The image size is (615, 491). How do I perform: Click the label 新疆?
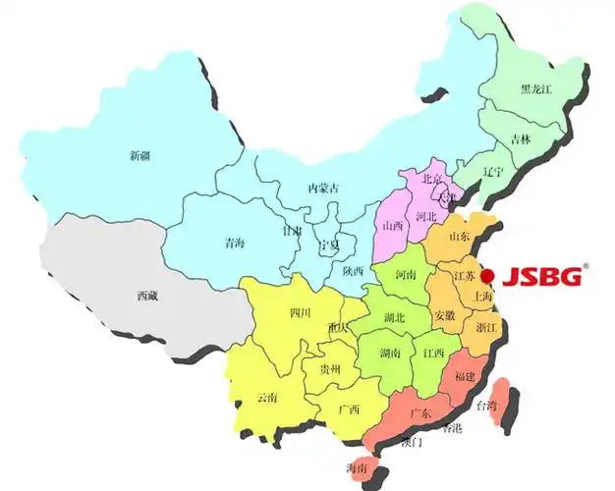(x=141, y=155)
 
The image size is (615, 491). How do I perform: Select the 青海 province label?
(x=234, y=242)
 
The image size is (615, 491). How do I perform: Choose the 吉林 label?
(x=522, y=140)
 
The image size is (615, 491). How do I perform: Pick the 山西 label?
(x=392, y=226)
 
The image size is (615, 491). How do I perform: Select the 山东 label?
(x=459, y=237)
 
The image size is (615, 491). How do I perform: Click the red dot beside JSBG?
(x=487, y=277)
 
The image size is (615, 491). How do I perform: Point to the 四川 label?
(x=300, y=313)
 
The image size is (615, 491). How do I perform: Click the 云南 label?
(x=266, y=398)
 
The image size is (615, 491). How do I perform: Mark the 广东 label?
(x=419, y=413)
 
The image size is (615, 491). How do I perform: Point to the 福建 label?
(x=465, y=377)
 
